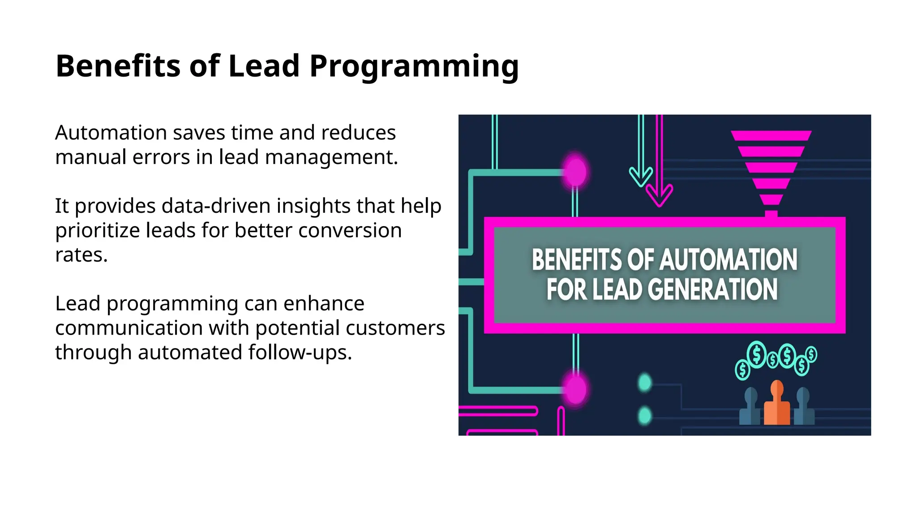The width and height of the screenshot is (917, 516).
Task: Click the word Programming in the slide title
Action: click(414, 66)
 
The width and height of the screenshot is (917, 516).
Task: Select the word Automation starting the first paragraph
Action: click(111, 133)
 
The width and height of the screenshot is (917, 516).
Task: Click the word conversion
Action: click(350, 230)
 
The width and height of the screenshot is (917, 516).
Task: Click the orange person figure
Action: click(777, 404)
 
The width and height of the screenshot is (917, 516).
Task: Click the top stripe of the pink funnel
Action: click(771, 135)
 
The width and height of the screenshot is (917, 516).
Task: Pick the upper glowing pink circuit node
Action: click(575, 172)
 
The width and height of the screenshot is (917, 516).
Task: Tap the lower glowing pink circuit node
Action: click(575, 389)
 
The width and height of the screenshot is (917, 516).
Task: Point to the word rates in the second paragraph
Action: click(81, 255)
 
